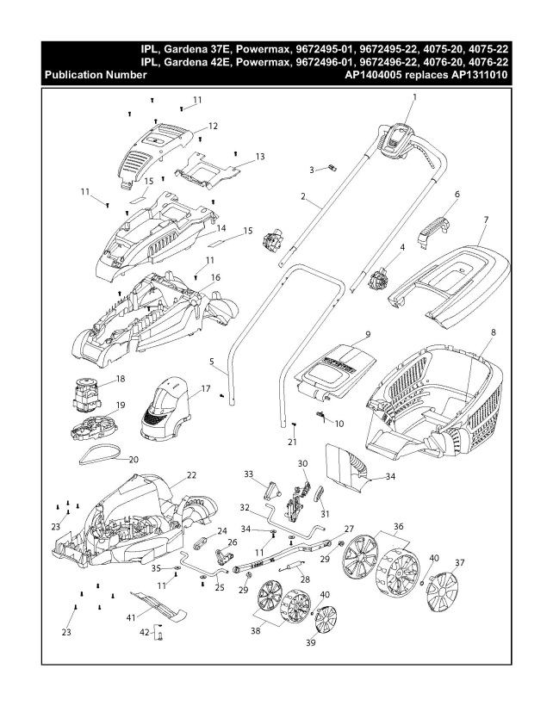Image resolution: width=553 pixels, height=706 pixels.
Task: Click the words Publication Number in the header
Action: click(95, 76)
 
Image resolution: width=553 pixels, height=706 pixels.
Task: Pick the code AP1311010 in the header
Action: click(473, 76)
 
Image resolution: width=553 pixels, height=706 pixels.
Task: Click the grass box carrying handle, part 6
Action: click(437, 226)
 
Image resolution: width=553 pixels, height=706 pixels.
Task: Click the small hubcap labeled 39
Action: click(326, 620)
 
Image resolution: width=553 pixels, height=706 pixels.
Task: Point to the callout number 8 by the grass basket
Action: click(494, 331)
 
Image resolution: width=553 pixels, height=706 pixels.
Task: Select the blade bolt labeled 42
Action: click(160, 635)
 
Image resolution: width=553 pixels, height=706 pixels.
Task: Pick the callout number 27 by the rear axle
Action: click(349, 529)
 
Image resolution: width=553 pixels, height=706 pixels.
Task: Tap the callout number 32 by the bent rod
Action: click(245, 508)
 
